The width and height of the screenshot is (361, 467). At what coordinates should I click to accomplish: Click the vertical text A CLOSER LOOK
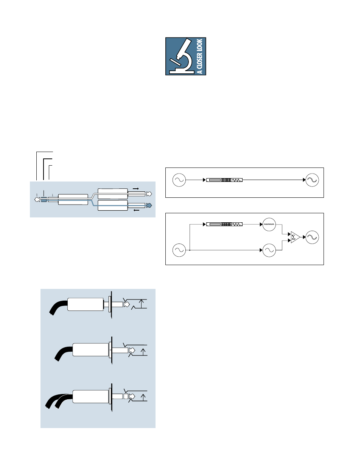click(x=200, y=56)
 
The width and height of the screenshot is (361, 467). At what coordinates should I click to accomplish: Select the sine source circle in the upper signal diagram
click(x=179, y=180)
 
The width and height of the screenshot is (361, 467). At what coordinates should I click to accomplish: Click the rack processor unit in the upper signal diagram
click(x=224, y=180)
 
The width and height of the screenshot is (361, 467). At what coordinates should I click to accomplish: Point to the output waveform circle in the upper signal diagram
click(x=312, y=180)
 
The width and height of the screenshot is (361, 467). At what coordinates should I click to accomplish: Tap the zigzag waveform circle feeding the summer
click(x=269, y=225)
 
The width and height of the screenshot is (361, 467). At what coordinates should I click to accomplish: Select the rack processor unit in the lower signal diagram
click(x=224, y=224)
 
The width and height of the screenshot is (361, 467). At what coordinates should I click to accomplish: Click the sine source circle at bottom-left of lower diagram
click(x=179, y=250)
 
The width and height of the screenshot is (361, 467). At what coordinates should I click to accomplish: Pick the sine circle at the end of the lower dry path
click(x=269, y=250)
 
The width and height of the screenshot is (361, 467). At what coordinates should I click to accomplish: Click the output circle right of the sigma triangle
click(x=312, y=237)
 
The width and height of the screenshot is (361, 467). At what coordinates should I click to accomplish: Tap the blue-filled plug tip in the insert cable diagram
click(x=149, y=205)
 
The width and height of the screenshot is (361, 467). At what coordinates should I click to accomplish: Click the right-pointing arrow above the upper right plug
click(x=136, y=189)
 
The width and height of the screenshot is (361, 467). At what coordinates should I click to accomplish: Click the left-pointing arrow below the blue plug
click(x=137, y=210)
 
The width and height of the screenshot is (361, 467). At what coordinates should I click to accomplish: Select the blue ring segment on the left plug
click(x=44, y=200)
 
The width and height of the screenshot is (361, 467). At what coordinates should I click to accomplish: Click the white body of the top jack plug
click(x=86, y=304)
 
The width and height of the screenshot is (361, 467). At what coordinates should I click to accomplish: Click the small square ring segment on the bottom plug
click(x=126, y=396)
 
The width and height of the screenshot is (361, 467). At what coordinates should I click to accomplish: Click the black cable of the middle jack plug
click(x=62, y=353)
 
